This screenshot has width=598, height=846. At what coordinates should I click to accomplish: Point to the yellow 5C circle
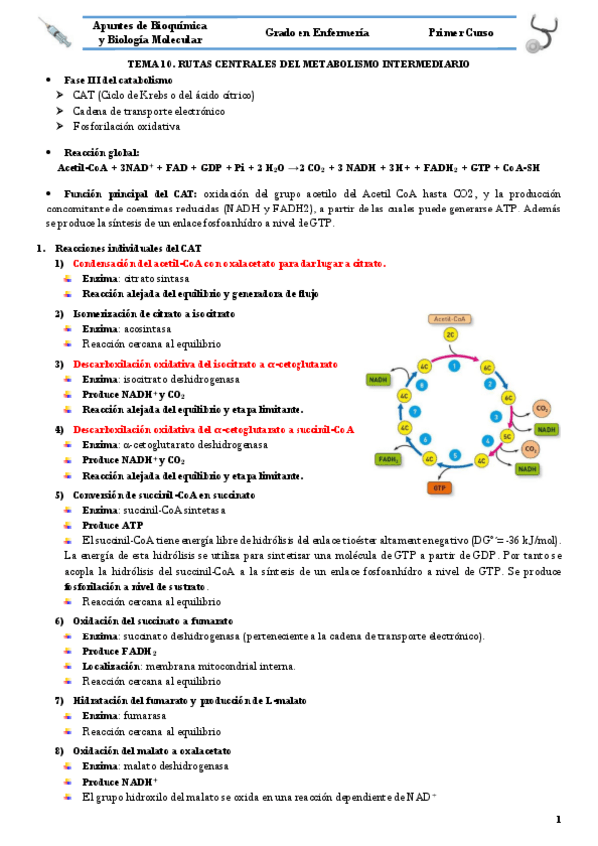coord(508,437)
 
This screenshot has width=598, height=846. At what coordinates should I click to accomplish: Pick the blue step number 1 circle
coord(454,367)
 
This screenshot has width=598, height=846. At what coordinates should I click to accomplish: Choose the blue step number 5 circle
coord(455,455)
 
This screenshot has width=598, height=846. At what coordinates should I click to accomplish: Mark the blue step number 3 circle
coord(496,415)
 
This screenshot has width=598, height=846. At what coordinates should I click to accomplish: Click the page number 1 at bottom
coord(559,820)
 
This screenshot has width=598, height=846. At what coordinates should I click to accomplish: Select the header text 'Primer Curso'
coord(461,32)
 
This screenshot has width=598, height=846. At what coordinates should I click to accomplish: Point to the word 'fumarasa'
coord(142,716)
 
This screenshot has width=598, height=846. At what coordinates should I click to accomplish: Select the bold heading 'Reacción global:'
coord(101,152)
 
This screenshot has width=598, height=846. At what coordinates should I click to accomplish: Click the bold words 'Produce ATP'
coord(111,525)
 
